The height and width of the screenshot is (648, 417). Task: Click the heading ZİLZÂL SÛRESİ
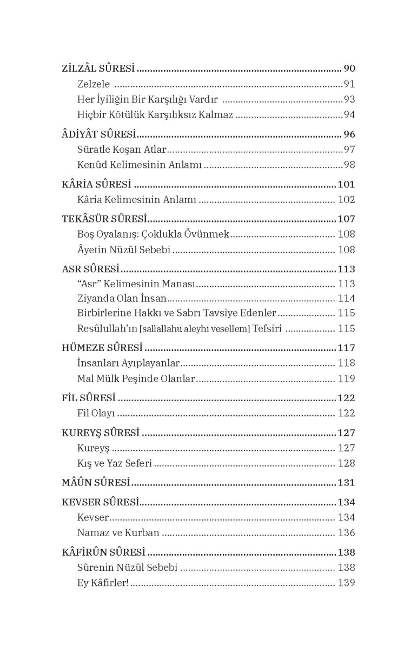(98, 69)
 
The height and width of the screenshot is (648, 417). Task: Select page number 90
(349, 69)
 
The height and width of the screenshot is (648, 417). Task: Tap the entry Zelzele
(94, 84)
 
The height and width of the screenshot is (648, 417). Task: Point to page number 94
(349, 115)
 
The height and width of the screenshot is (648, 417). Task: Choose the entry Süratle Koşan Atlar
(122, 150)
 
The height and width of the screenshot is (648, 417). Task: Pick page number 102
(346, 200)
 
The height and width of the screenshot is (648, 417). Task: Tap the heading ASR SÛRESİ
(91, 269)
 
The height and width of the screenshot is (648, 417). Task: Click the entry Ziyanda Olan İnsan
(122, 299)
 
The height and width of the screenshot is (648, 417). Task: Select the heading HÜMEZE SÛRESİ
(102, 348)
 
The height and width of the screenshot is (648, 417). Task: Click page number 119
(346, 379)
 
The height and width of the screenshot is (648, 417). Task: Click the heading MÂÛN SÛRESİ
(96, 483)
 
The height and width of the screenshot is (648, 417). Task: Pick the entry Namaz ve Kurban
(118, 533)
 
